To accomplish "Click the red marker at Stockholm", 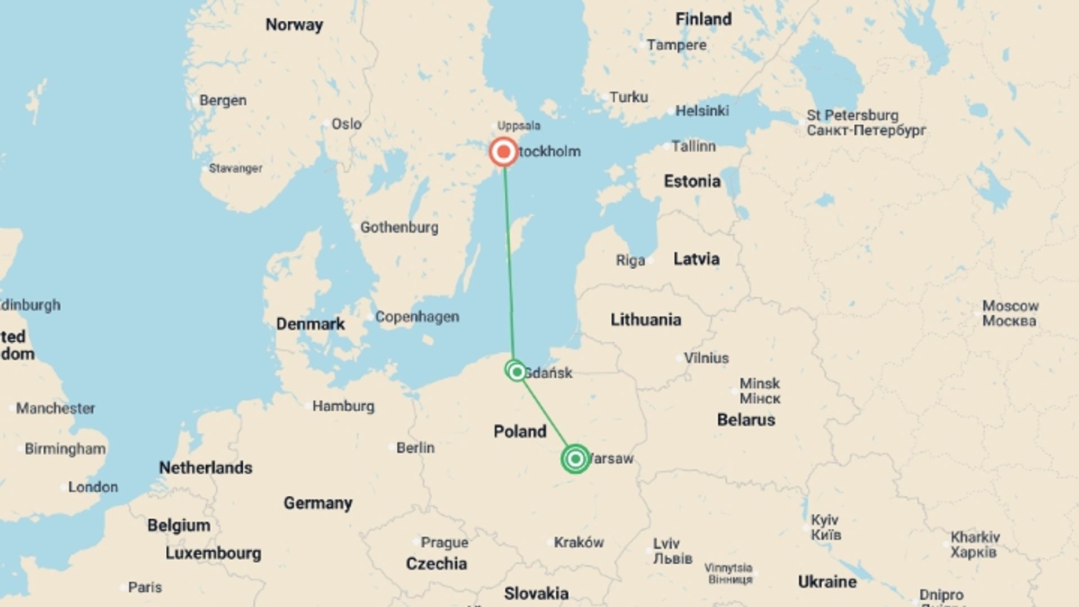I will point(504,152).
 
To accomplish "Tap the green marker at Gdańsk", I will point(516,371).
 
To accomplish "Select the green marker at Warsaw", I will point(575,459).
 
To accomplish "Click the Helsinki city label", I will point(702,111).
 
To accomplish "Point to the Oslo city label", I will point(346,124).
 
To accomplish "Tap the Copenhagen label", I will point(417,316).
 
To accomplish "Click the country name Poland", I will point(520,431).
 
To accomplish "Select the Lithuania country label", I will point(646,320).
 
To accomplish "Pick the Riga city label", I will point(631,260).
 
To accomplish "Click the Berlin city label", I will point(415,447).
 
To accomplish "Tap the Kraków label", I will point(579,542).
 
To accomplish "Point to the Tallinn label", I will point(693,146).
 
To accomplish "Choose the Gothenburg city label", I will point(399,227).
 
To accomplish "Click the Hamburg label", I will point(343,406).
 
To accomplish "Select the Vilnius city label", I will point(706,358).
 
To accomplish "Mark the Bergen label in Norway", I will point(223,100).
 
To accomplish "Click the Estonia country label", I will point(692,181).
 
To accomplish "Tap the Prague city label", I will point(444,542).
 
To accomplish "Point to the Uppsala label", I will point(519,126).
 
